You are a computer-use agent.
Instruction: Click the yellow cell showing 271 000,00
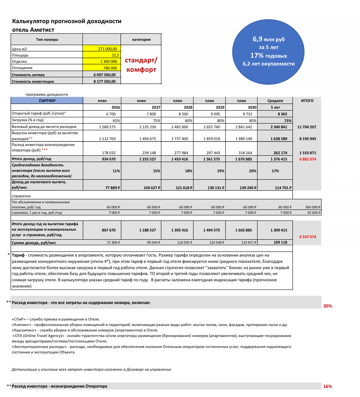click(103, 49)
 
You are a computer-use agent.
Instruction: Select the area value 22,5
click(103, 55)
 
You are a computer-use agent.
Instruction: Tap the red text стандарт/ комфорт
click(141, 65)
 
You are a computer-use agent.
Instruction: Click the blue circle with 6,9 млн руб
click(269, 51)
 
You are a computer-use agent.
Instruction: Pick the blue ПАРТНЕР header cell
click(47, 101)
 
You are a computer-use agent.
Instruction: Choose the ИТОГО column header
click(307, 101)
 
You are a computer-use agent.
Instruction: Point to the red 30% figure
click(327, 306)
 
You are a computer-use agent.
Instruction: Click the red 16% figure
click(327, 386)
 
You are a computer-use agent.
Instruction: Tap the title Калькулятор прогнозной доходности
click(67, 21)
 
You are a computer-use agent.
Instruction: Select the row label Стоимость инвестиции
click(33, 82)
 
